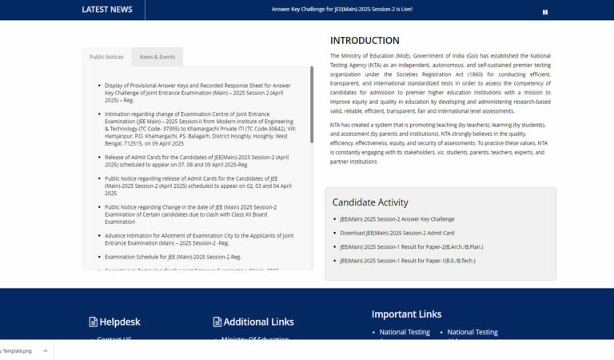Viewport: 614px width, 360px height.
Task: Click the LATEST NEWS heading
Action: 107,10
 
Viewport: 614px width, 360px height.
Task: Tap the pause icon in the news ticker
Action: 545,12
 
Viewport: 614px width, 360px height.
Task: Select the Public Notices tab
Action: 106,57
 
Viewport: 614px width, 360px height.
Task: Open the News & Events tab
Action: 157,57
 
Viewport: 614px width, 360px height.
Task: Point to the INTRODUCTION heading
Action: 365,41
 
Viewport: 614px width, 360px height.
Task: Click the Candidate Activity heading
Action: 370,202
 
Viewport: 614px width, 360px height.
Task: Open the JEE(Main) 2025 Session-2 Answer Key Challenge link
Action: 397,219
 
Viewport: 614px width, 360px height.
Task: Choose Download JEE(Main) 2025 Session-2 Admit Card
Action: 397,233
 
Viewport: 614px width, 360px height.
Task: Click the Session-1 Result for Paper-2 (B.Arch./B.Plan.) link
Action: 411,246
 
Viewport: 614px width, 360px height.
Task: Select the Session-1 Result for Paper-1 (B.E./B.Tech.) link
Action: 407,261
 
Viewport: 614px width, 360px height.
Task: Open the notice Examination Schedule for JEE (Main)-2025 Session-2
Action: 173,257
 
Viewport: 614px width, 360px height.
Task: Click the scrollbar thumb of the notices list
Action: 311,104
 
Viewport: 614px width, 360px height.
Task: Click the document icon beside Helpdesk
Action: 93,322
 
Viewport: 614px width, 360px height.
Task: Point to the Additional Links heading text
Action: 258,322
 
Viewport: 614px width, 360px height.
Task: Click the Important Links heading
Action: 406,314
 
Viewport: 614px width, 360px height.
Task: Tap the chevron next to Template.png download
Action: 45,350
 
